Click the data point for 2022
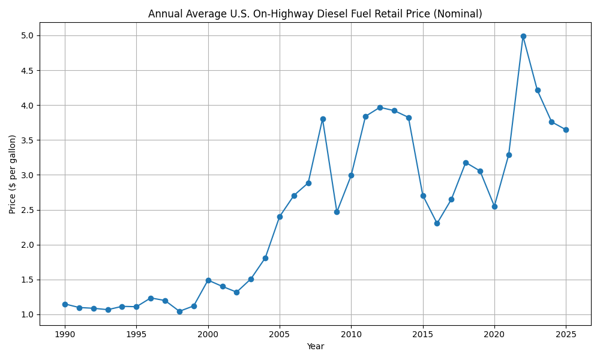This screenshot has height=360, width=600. point(523,36)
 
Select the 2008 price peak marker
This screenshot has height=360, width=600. point(323,119)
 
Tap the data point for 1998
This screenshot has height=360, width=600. point(179,311)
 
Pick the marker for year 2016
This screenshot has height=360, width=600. point(437,223)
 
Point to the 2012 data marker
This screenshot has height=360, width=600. point(380,107)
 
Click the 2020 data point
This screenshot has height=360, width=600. point(494,206)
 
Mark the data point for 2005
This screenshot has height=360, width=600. point(280,217)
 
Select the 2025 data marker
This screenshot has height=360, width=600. point(566,130)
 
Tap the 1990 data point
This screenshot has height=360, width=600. point(65,304)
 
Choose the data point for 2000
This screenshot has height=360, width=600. point(208,280)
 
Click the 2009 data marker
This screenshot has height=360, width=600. point(337,212)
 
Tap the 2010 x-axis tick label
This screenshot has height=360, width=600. point(351,334)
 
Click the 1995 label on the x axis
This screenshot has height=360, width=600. point(136,334)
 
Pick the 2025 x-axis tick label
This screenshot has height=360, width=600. point(566,334)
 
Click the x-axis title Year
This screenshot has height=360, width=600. point(315,346)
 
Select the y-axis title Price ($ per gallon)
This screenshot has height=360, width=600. point(13,174)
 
